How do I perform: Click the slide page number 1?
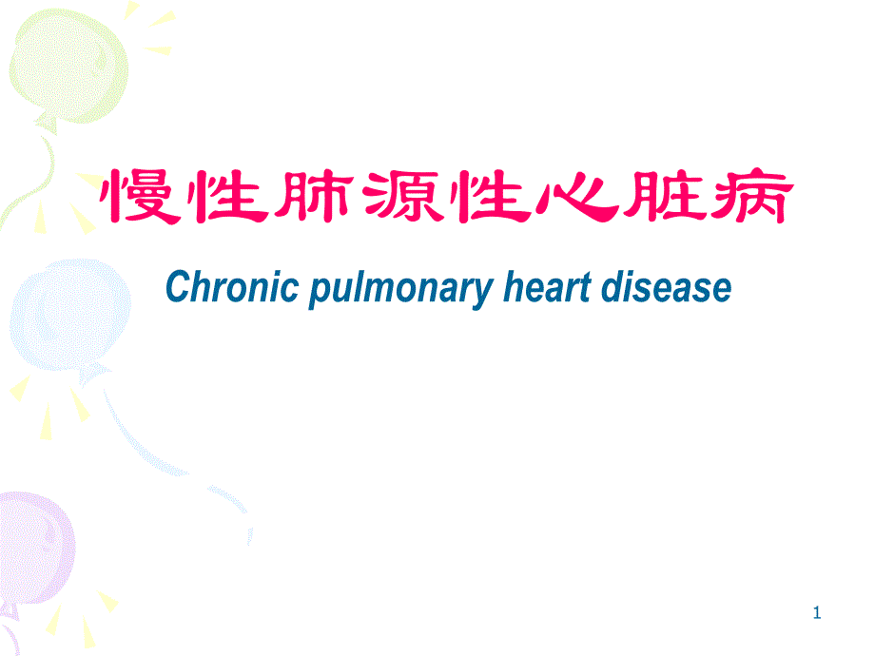(x=816, y=615)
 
